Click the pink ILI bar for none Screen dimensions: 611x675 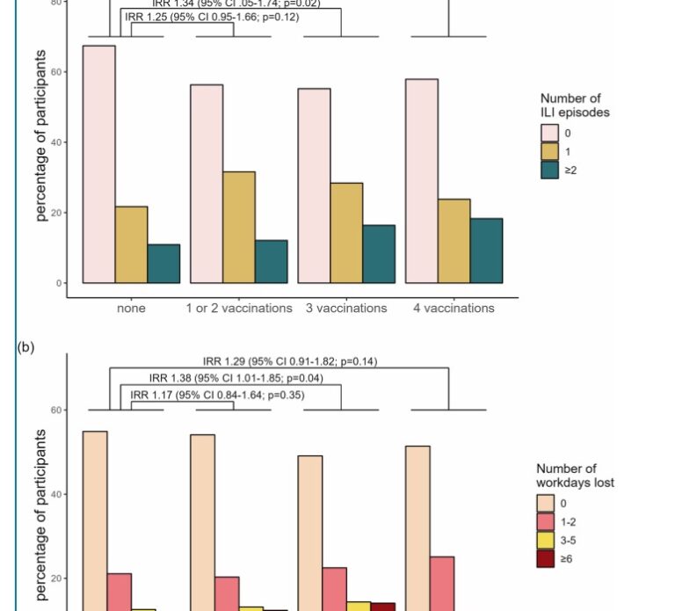[98, 164]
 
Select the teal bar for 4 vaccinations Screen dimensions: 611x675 [486, 251]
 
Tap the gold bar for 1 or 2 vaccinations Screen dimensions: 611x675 [239, 227]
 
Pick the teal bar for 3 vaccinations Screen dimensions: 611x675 [379, 254]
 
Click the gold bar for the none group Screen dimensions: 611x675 [131, 244]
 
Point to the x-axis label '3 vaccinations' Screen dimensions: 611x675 [346, 309]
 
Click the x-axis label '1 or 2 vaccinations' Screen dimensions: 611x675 [239, 309]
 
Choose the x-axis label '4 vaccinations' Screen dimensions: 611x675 [454, 309]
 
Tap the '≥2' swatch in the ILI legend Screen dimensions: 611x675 [549, 170]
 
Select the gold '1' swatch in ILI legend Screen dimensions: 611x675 [549, 151]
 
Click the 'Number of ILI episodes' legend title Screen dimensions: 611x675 [575, 105]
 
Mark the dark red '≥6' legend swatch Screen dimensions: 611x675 [546, 558]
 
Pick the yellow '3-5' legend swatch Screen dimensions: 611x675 [546, 540]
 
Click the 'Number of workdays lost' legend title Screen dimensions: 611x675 [575, 476]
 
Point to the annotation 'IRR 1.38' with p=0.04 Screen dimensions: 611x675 [236, 378]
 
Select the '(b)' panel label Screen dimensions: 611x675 [25, 346]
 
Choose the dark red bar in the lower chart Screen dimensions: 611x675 [382, 606]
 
